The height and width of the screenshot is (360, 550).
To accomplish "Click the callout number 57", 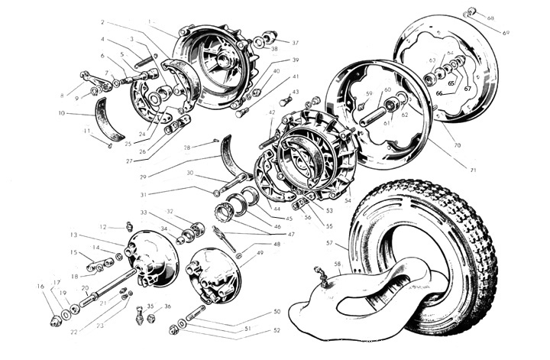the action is tap(329, 243).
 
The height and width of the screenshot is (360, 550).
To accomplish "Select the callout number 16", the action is tap(40, 286).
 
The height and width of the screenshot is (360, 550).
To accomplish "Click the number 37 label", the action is tap(295, 43).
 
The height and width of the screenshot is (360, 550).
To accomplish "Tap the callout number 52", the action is tap(277, 329).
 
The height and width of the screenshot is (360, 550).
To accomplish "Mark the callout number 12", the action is tap(102, 226).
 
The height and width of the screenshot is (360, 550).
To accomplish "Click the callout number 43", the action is tap(296, 92).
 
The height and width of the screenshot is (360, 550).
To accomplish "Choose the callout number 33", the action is tap(143, 212).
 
